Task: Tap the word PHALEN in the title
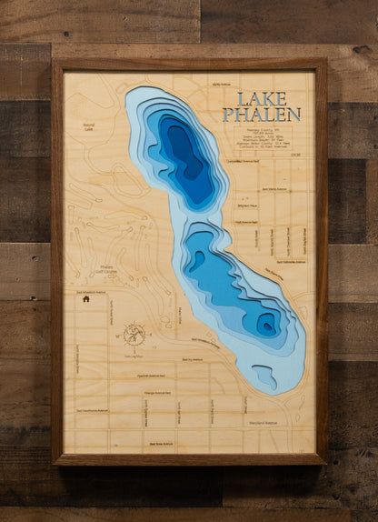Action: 262,115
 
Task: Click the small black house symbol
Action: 85,298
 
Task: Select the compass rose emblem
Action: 134,335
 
